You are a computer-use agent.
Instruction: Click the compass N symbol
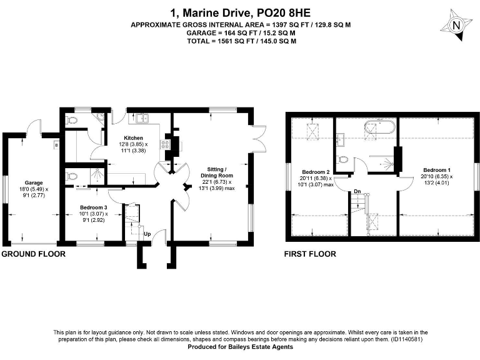(x=456, y=26)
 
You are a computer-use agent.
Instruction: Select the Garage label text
(x=33, y=182)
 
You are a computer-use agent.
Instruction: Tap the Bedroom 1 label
(x=436, y=170)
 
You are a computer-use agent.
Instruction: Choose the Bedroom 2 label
(x=315, y=172)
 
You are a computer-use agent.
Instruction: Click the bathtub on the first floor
(x=379, y=130)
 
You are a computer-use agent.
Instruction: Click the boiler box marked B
(x=56, y=146)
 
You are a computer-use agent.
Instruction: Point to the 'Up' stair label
(x=147, y=235)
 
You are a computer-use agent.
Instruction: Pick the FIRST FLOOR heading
(x=309, y=254)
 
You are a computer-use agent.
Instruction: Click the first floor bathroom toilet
(x=343, y=159)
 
